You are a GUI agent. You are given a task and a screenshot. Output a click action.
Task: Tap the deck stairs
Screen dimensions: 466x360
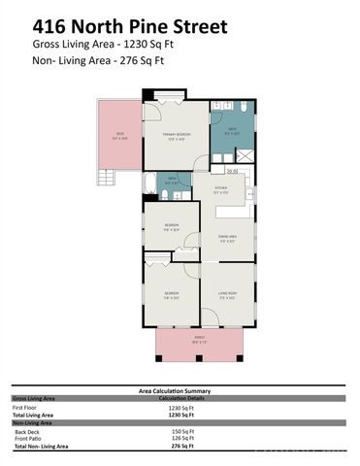pos(108,178)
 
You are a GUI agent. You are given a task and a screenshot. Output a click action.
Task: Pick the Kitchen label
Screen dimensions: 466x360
pos(221,190)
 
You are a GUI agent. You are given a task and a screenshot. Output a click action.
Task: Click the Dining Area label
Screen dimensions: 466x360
pos(225,239)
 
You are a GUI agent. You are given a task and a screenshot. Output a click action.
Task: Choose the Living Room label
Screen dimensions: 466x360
pos(227,294)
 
